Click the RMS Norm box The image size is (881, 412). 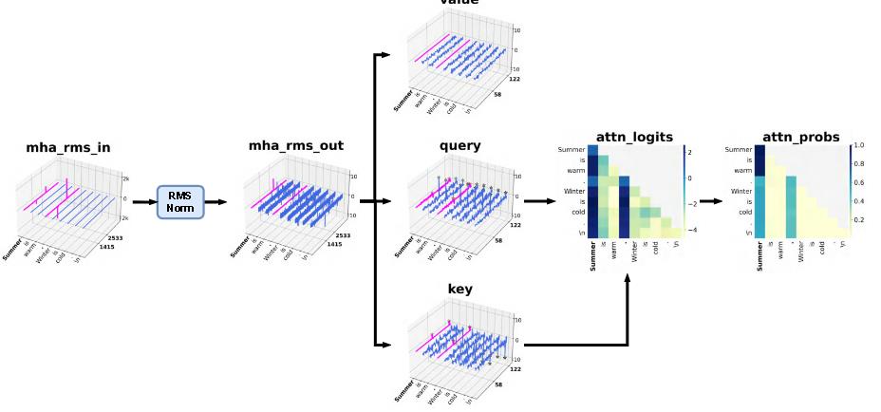(x=179, y=202)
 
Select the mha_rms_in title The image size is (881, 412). (x=68, y=147)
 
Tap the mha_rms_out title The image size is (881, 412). (x=296, y=146)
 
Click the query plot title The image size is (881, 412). (x=459, y=146)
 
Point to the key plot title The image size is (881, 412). (x=459, y=289)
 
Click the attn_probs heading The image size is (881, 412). (x=800, y=138)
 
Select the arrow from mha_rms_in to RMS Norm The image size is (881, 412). (x=143, y=202)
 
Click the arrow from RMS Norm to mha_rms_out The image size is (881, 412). (x=216, y=202)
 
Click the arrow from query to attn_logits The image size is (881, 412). (x=540, y=201)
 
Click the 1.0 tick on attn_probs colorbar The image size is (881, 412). (x=859, y=145)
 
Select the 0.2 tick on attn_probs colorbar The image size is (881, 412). (x=859, y=220)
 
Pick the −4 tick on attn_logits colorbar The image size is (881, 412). (x=692, y=229)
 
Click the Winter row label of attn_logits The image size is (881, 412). (x=572, y=191)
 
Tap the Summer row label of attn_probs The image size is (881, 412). (x=739, y=149)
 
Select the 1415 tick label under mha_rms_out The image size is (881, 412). (x=334, y=244)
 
